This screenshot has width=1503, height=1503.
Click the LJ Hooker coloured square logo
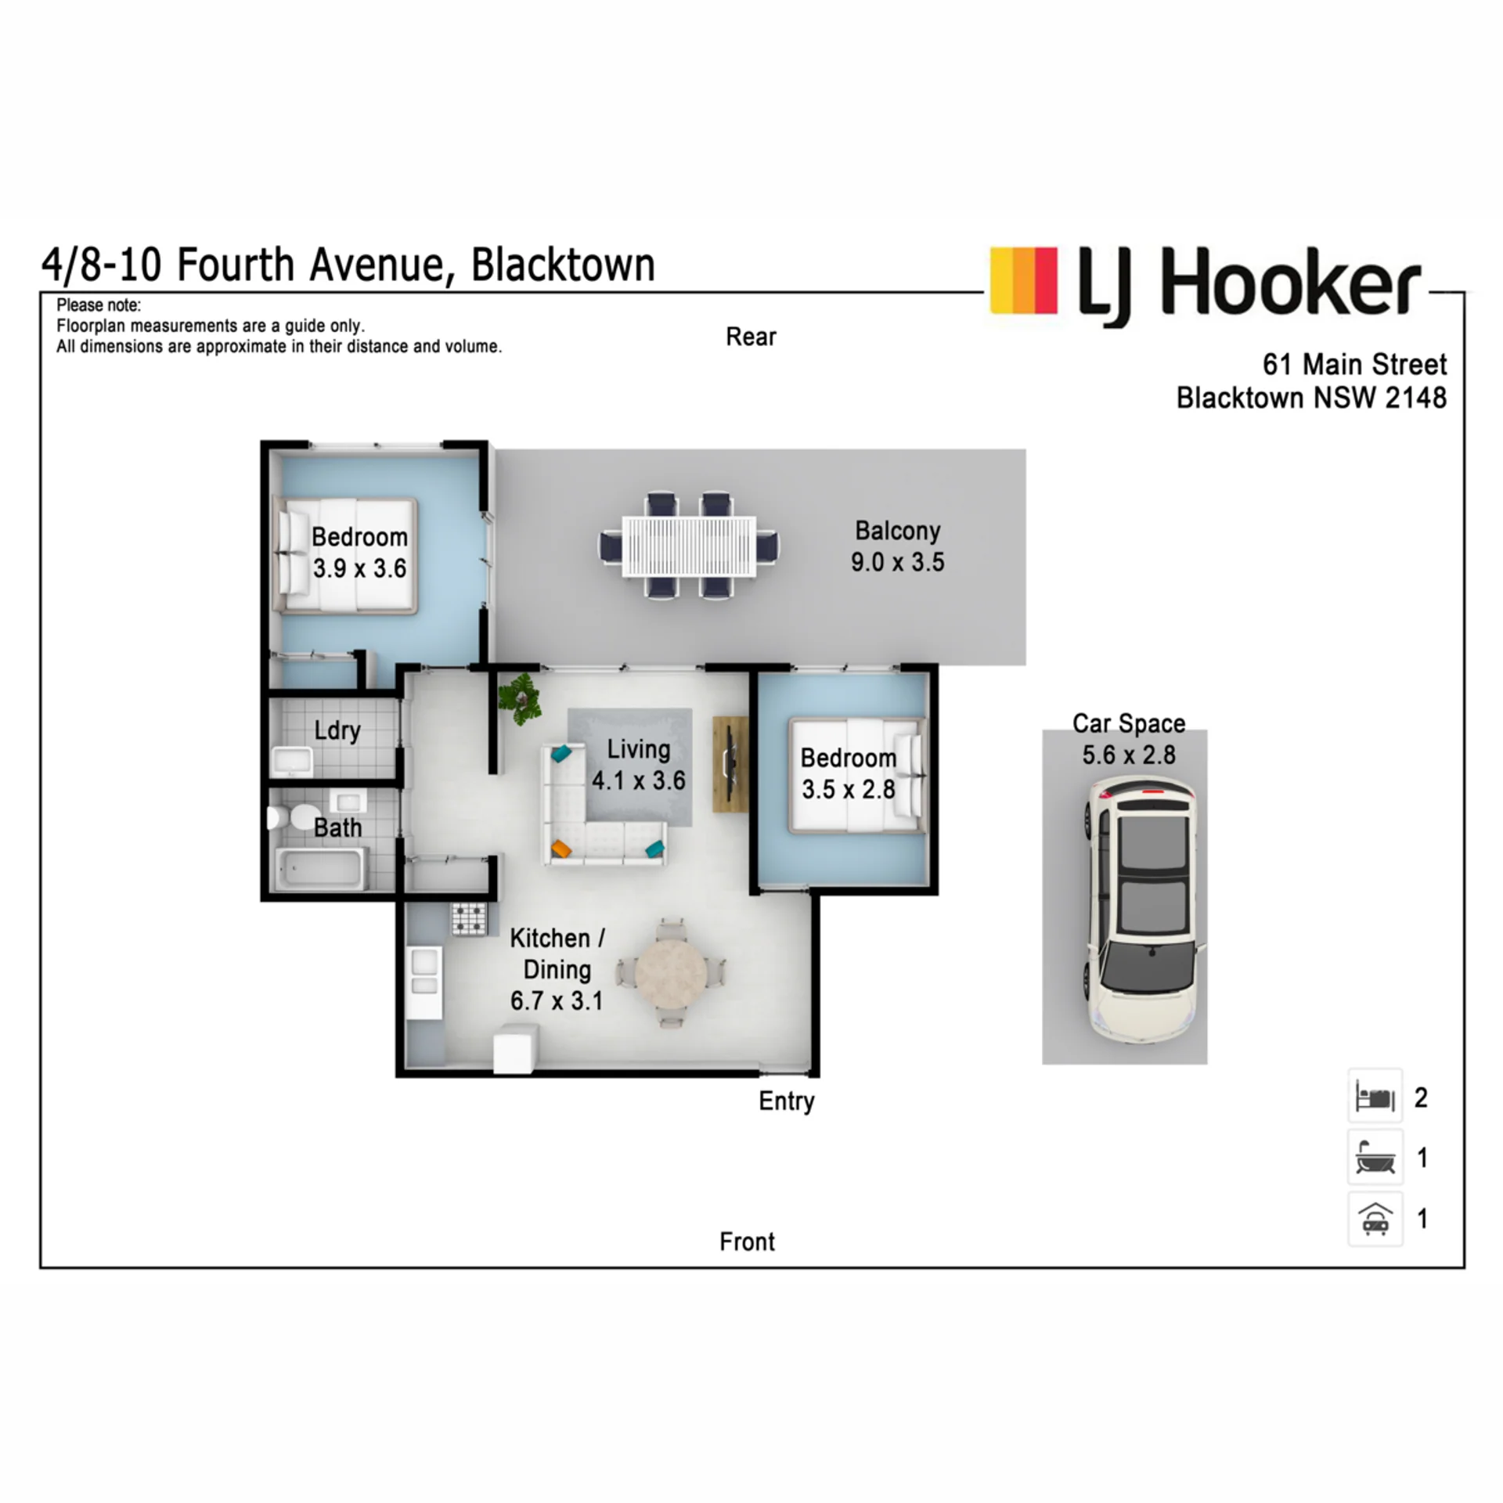tap(1023, 281)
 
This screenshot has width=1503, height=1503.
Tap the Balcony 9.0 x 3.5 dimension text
tap(898, 562)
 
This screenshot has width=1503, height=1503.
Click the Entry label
tap(786, 1101)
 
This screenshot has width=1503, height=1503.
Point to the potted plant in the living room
tap(520, 697)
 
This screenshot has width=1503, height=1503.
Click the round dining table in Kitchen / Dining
tap(670, 973)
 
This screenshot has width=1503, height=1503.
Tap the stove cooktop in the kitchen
tap(469, 920)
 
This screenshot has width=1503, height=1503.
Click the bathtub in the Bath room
tap(319, 870)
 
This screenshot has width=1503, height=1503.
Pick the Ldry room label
tap(337, 730)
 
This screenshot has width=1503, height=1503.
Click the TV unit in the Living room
tap(730, 764)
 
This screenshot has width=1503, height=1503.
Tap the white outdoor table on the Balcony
tap(689, 546)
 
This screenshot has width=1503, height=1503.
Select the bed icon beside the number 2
tap(1375, 1098)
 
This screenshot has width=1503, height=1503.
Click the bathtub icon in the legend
tap(1375, 1158)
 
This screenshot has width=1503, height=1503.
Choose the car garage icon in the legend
tap(1375, 1218)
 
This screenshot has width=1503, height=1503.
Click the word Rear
tap(751, 337)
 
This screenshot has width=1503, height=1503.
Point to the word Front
tap(747, 1242)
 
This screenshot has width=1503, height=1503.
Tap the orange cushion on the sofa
tap(560, 848)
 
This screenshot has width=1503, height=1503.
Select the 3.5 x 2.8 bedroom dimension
tap(848, 789)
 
